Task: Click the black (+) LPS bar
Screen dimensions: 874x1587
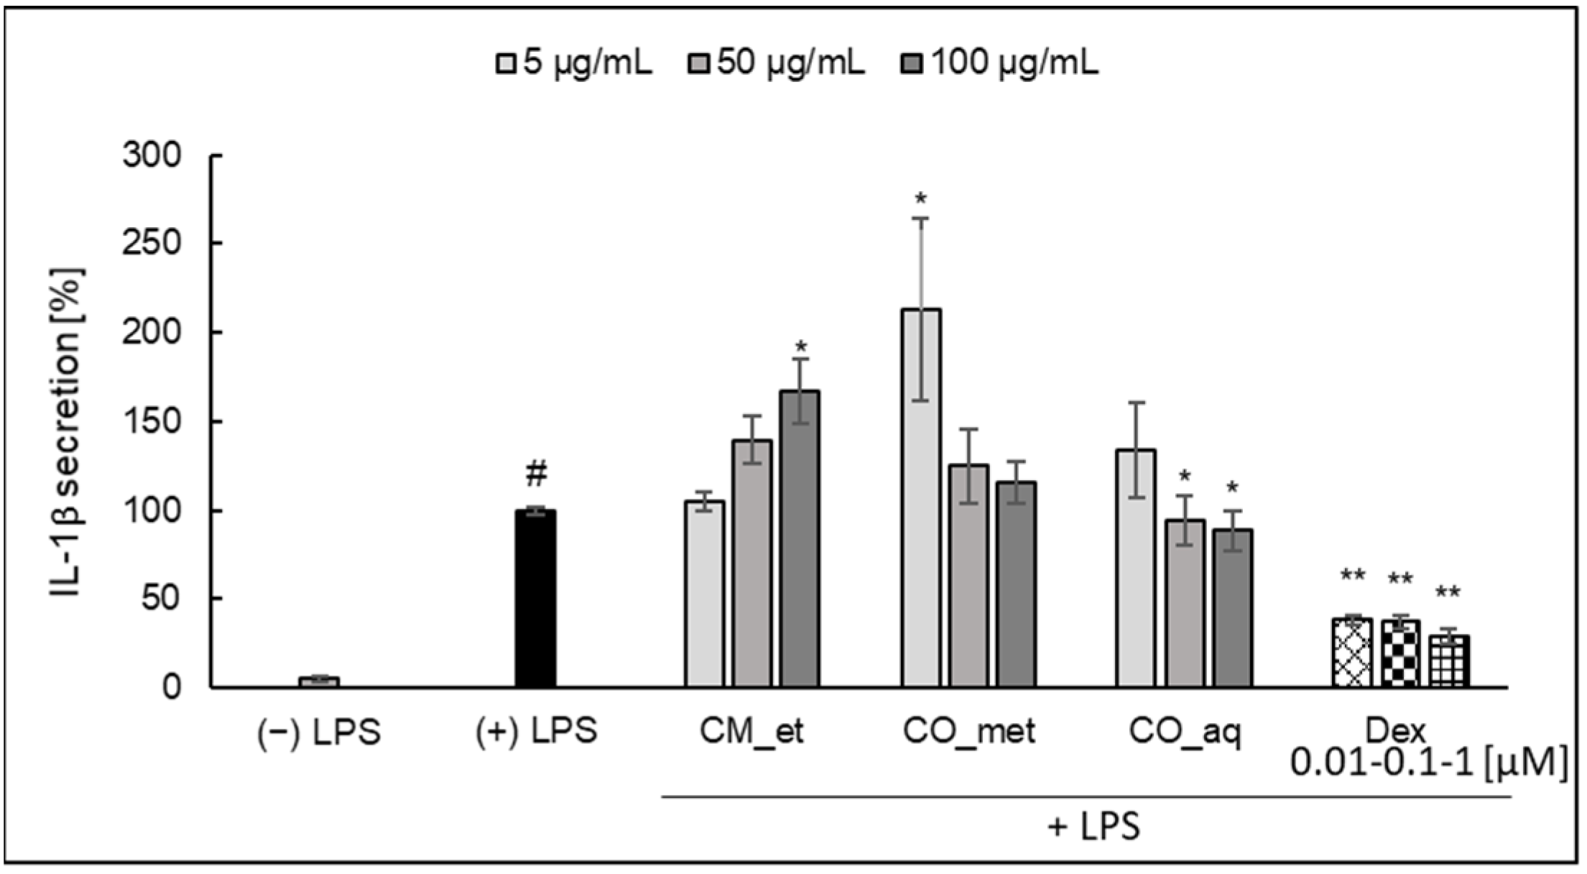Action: [x=535, y=598]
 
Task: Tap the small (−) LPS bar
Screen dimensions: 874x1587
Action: [x=319, y=681]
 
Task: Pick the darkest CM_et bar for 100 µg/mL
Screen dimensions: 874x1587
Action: [x=800, y=539]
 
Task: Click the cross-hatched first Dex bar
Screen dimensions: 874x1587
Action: [x=1352, y=653]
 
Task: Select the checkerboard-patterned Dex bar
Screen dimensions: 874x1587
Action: [x=1400, y=653]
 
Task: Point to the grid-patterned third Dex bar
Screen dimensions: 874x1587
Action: [x=1448, y=661]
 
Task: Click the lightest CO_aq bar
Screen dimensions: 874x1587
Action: [x=1136, y=568]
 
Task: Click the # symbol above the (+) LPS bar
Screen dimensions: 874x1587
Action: [x=536, y=474]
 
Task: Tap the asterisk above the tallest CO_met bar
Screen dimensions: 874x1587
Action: [x=921, y=199]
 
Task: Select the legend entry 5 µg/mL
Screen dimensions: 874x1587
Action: [x=575, y=64]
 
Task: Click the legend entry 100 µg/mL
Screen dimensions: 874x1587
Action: [x=1000, y=64]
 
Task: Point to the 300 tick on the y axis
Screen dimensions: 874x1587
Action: [x=160, y=155]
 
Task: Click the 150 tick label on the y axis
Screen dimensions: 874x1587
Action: [x=160, y=421]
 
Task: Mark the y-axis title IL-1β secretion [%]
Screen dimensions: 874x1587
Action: [x=68, y=431]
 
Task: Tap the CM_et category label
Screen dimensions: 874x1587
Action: [x=751, y=732]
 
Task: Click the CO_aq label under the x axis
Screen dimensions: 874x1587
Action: [x=1185, y=732]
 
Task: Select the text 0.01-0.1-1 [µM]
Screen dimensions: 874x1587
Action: [x=1428, y=764]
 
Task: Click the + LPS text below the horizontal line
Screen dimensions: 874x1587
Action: [x=1093, y=827]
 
